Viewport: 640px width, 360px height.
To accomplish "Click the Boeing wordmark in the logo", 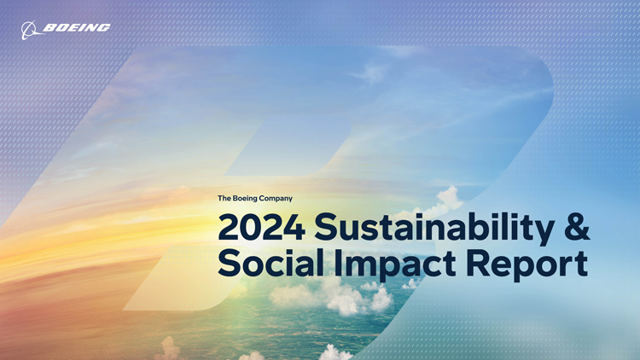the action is coord(77,27).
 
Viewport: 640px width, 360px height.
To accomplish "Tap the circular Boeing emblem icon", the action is coord(29,30).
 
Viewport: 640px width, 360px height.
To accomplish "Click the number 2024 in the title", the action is coord(262,228).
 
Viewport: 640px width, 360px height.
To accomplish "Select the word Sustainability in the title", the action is coord(434,229).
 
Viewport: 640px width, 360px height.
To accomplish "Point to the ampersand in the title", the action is coord(577,227).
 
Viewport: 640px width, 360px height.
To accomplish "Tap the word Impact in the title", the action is coord(395,264).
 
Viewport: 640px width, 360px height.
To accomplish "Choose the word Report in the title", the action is coord(527,265).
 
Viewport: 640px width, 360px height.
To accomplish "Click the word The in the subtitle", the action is coord(224,199).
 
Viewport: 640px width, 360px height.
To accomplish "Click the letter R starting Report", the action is coord(478,263).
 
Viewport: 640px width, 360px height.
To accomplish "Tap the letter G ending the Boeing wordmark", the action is coord(103,27).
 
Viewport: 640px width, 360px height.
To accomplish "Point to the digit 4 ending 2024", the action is coord(294,228).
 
